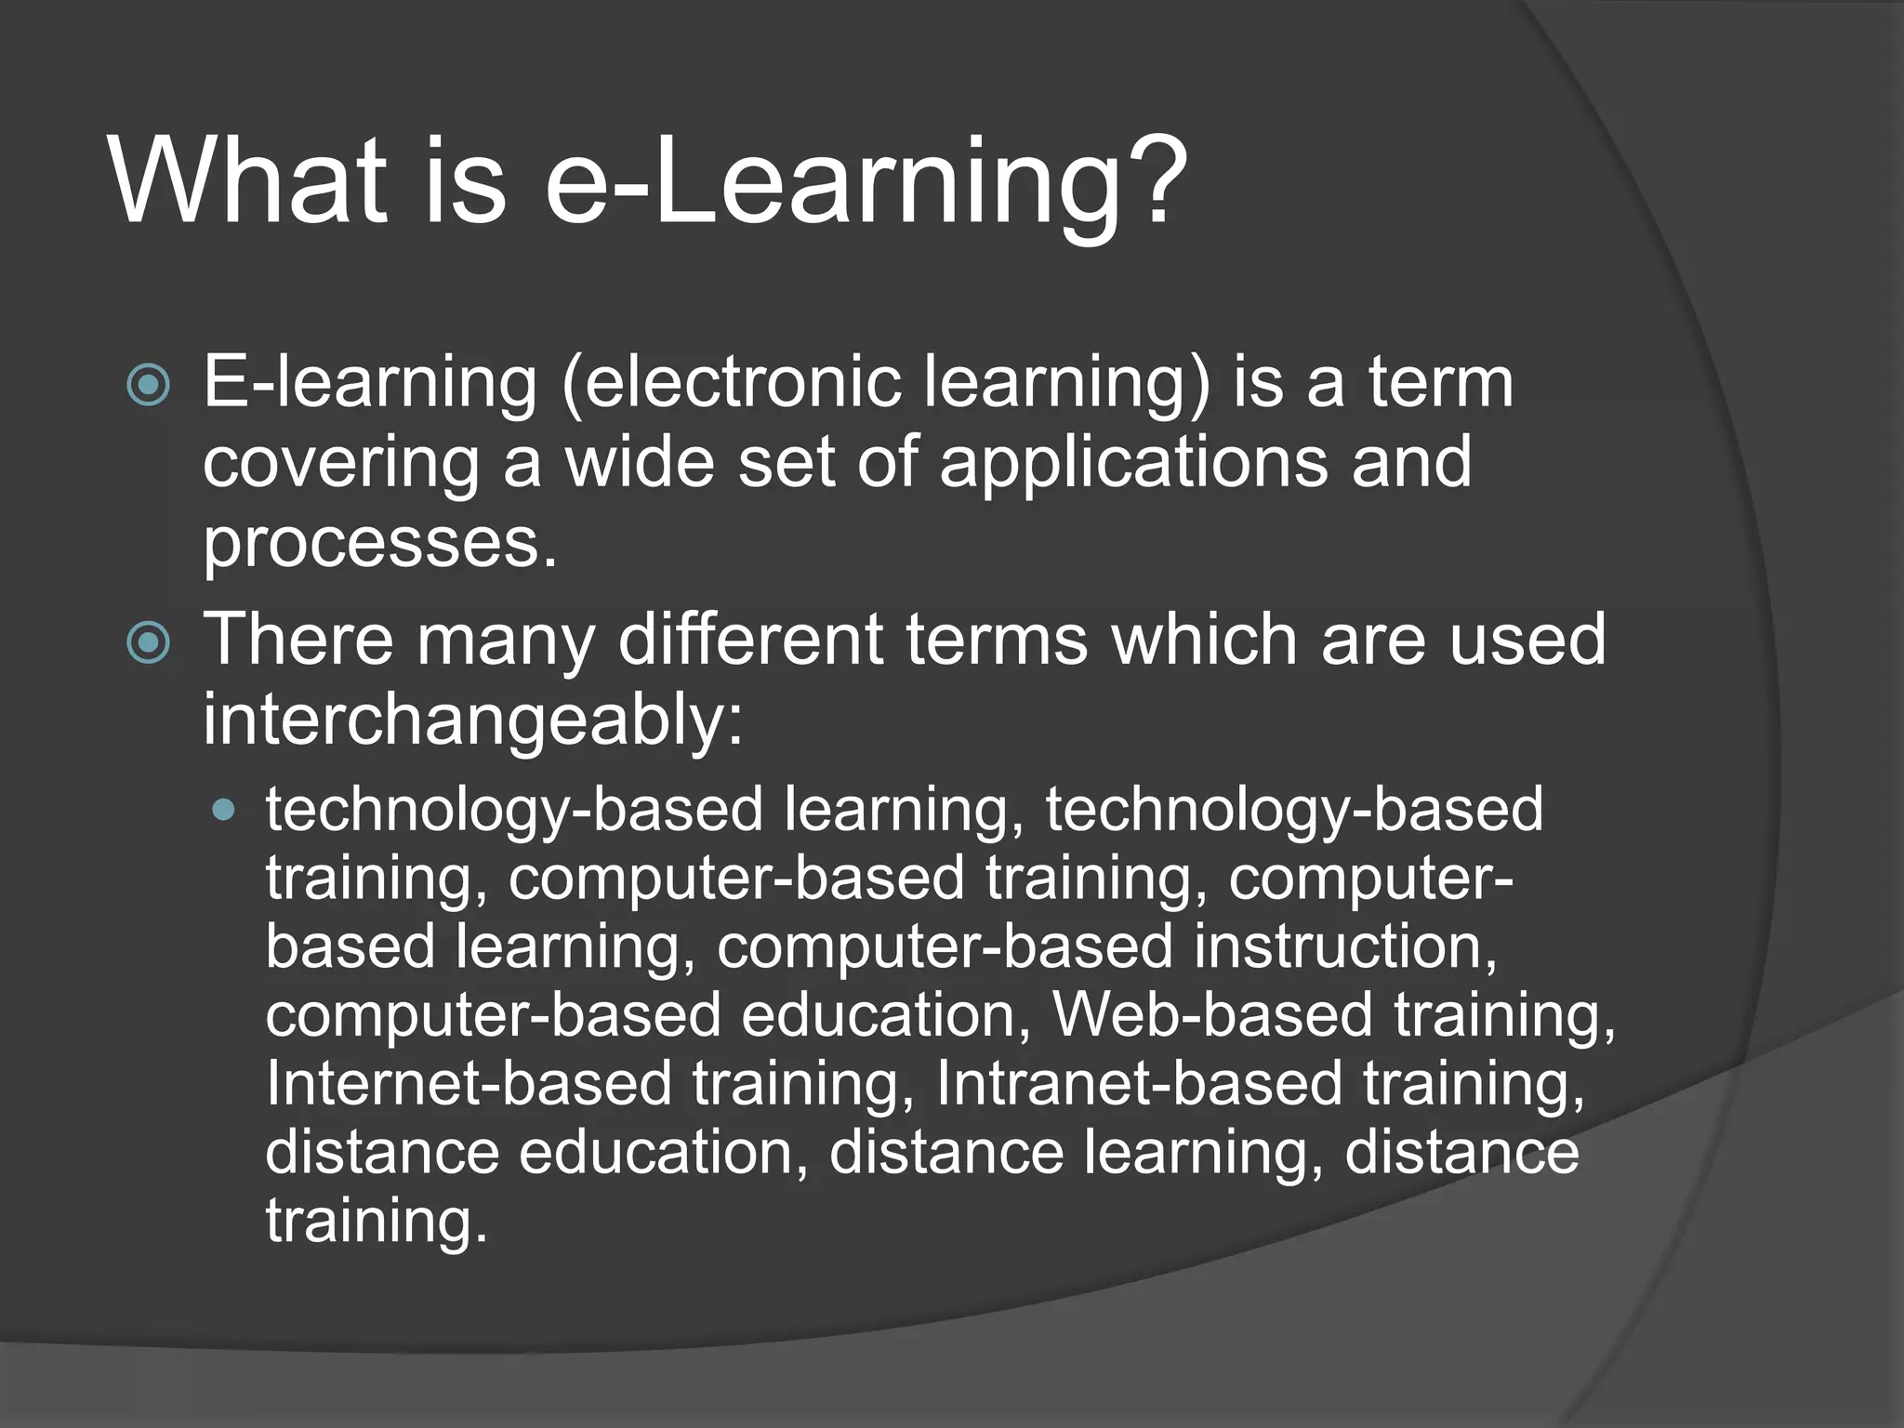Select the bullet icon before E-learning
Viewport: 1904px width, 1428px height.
[149, 385]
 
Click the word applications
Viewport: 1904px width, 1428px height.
[1133, 463]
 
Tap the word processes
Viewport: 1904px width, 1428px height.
[379, 543]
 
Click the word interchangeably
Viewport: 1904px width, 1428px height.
[472, 720]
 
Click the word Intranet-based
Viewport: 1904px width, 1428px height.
[1139, 1084]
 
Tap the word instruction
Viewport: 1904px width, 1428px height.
[1345, 946]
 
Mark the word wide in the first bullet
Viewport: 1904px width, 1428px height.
[641, 463]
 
